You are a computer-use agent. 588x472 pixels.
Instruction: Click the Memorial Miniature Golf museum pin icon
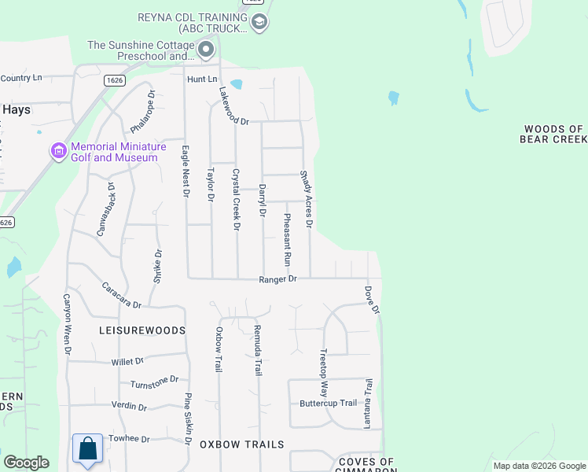[58, 150]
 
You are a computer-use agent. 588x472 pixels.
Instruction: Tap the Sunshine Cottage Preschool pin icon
[207, 51]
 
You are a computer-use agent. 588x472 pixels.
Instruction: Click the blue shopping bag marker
[88, 449]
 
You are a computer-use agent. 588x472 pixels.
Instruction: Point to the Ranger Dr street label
[278, 279]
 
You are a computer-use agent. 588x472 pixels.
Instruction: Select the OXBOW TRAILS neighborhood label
[241, 444]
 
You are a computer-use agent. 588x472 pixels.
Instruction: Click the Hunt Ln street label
[201, 79]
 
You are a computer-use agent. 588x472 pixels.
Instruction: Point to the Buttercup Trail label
[328, 404]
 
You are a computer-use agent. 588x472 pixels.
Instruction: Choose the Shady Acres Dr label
[306, 200]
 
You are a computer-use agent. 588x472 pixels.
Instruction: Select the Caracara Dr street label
[121, 294]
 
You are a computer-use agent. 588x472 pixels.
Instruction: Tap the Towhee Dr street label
[129, 438]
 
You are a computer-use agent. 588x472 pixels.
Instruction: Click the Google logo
[26, 463]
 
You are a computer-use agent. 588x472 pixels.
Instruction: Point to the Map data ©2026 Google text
[538, 466]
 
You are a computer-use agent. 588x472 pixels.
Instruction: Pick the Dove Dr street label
[371, 299]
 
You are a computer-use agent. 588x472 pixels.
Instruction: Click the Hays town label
[16, 110]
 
